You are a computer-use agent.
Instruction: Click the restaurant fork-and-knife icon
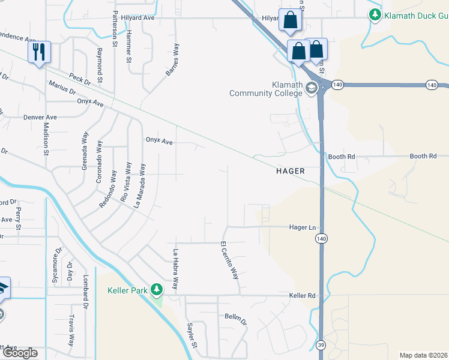(39, 52)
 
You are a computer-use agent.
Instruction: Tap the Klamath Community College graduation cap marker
(311, 89)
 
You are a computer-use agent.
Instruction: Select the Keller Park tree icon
(157, 290)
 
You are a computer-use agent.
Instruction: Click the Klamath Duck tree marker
(376, 14)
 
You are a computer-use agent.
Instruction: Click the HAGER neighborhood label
(291, 171)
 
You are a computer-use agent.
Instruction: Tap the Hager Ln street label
(302, 227)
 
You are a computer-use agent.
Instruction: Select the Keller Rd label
(302, 296)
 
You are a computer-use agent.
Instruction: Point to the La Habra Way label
(176, 269)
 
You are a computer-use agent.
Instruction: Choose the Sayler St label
(191, 335)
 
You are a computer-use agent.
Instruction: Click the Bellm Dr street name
(236, 317)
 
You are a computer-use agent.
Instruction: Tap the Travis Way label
(71, 331)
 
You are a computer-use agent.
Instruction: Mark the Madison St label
(46, 139)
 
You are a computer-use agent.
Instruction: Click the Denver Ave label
(40, 117)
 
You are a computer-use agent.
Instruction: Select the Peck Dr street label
(79, 79)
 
